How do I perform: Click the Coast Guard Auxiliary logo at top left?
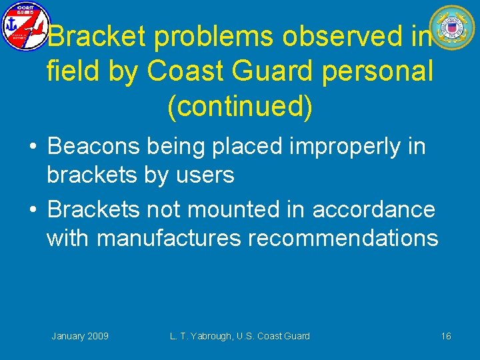point(25,26)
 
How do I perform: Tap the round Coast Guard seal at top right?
point(451,28)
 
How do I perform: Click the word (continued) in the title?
point(240,107)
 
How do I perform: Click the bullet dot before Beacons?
point(32,147)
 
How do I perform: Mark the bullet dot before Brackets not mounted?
point(32,210)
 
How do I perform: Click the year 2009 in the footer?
point(98,336)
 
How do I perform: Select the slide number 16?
point(446,336)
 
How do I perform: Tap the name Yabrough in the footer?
point(217,336)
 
